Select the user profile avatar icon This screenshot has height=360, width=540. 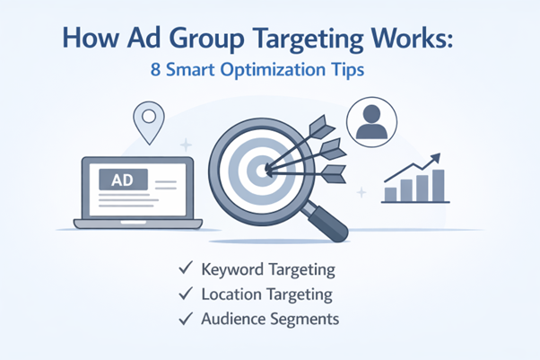coord(370,124)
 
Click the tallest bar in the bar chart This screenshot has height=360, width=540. coord(437,186)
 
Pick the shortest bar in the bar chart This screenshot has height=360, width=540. coord(391,193)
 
